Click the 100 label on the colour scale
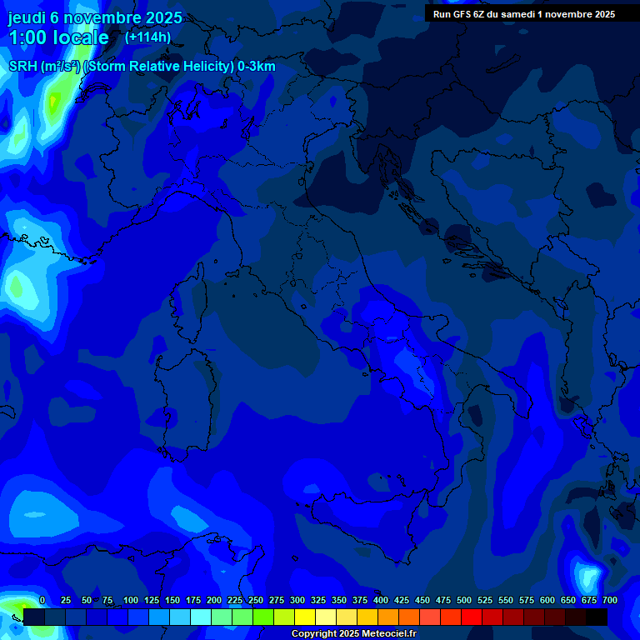click(130, 600)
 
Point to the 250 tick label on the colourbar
click(255, 600)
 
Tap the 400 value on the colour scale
click(381, 600)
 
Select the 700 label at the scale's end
click(609, 600)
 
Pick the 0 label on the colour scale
click(42, 600)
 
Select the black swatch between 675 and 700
click(597, 617)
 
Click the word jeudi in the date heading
click(28, 17)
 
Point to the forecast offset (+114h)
click(147, 37)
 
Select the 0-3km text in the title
click(257, 67)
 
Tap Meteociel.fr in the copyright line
click(395, 634)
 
